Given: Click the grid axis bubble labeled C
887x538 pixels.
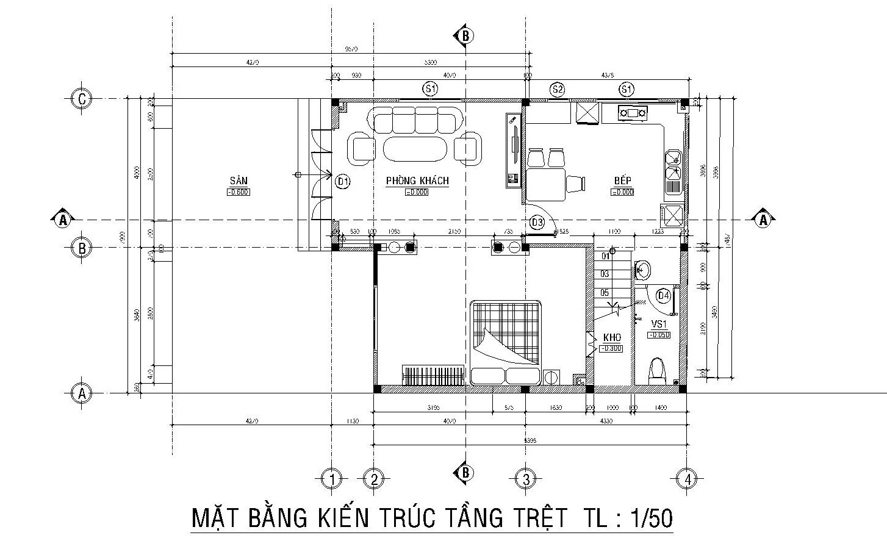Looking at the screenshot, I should point(81,98).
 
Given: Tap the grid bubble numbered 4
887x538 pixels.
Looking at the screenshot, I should point(688,479).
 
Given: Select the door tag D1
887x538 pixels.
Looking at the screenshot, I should point(343,181).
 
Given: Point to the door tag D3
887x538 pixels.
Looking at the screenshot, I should point(537,223).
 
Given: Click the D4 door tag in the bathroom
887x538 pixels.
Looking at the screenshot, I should point(664,296).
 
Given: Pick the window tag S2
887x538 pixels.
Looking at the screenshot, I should point(557,90).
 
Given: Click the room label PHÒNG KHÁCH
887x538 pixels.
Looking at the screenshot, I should point(417,181).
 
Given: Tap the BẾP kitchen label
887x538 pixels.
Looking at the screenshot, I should point(622,181).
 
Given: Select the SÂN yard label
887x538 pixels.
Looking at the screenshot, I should point(238,181).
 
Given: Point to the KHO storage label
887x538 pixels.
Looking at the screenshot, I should point(612,337).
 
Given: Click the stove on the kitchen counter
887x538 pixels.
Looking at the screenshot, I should point(634,112).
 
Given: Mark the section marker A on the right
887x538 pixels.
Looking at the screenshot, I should point(763,220).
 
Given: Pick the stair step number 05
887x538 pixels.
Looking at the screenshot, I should point(605,293).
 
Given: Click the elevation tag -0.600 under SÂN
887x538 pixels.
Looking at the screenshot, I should point(238,192).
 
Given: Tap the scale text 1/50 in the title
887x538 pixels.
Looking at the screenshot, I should point(651,518).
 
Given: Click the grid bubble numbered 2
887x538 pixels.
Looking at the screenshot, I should point(373,479).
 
